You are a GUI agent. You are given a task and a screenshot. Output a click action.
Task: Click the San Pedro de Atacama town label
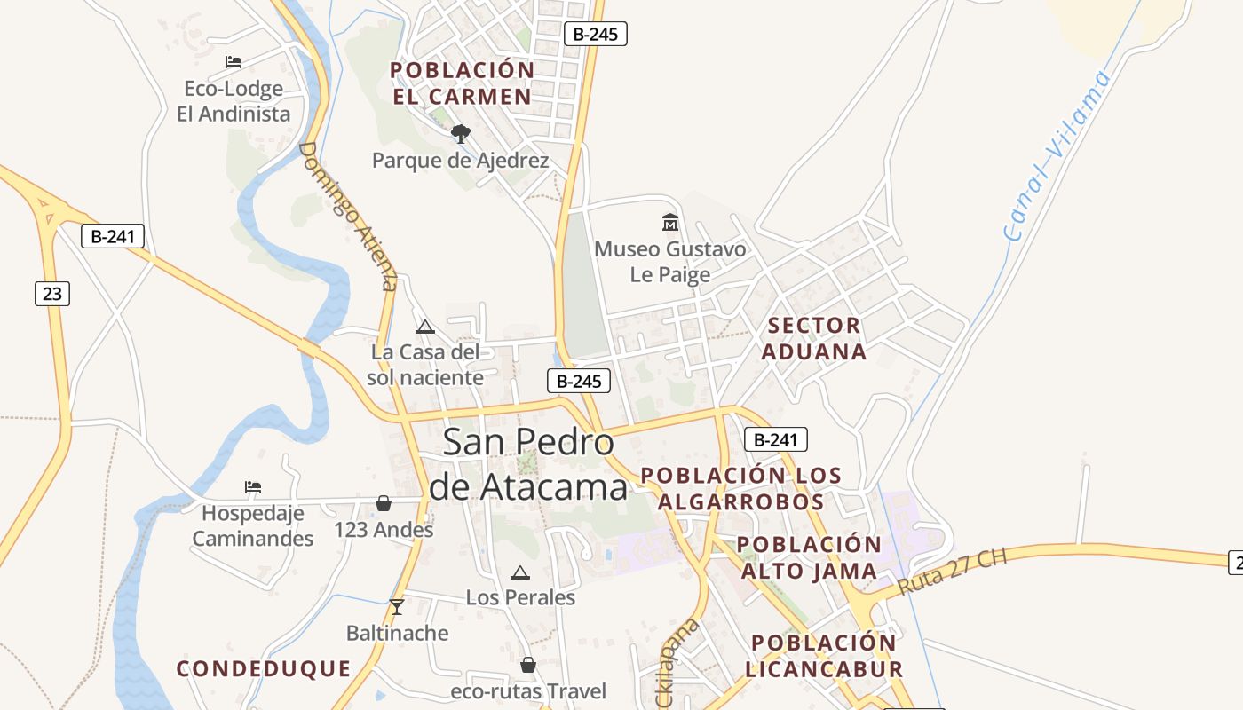click(x=528, y=464)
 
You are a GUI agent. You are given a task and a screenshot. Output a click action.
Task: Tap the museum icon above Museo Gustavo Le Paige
click(x=670, y=222)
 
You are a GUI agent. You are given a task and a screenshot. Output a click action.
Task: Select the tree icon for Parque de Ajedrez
click(x=460, y=134)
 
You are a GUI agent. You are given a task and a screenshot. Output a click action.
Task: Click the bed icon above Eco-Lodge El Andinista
click(x=234, y=62)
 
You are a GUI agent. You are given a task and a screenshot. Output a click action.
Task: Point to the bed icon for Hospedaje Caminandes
click(x=253, y=486)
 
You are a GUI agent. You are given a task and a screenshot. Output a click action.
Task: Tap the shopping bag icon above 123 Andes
click(x=384, y=503)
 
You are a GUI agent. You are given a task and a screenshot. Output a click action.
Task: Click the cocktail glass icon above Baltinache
click(x=397, y=607)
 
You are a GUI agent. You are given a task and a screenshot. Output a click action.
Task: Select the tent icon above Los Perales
click(x=520, y=572)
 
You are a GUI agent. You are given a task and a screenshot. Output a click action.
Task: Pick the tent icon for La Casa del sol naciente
click(x=425, y=327)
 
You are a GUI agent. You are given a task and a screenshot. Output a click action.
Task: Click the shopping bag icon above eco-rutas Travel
click(x=528, y=665)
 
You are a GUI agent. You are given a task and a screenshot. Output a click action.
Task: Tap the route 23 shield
click(x=52, y=293)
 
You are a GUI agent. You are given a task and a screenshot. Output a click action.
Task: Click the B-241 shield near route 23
click(x=113, y=236)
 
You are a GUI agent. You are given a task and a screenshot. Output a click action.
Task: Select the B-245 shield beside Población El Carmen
click(x=596, y=35)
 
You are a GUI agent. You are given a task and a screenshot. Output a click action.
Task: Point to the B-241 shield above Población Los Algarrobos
click(x=775, y=438)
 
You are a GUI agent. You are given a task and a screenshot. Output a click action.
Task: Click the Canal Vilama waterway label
click(x=1057, y=156)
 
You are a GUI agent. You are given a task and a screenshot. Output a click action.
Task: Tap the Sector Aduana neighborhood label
click(x=814, y=338)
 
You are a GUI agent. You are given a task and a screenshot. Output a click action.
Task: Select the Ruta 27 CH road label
click(x=953, y=572)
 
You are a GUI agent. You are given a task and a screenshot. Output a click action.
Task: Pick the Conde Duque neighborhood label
click(x=264, y=668)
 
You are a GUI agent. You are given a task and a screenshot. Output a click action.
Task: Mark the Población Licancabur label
click(x=823, y=655)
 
